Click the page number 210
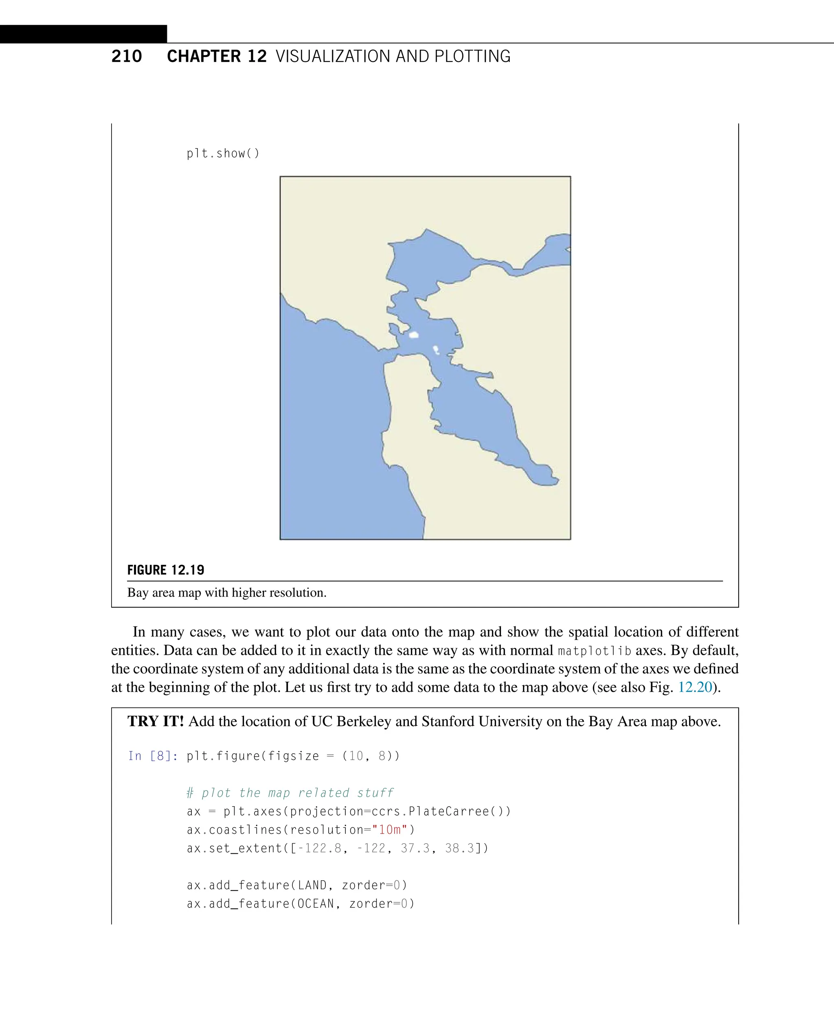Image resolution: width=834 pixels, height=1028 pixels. (x=126, y=56)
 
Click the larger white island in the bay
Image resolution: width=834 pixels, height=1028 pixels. (x=414, y=335)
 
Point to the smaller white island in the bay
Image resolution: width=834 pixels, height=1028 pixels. (x=436, y=349)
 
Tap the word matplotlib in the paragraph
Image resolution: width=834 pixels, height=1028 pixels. (x=595, y=651)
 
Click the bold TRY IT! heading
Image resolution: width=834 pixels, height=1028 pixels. (x=156, y=721)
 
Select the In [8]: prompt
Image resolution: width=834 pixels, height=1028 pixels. (x=153, y=756)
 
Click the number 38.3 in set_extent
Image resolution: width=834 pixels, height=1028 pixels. (x=459, y=849)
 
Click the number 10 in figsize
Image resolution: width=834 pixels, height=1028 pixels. (x=356, y=756)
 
